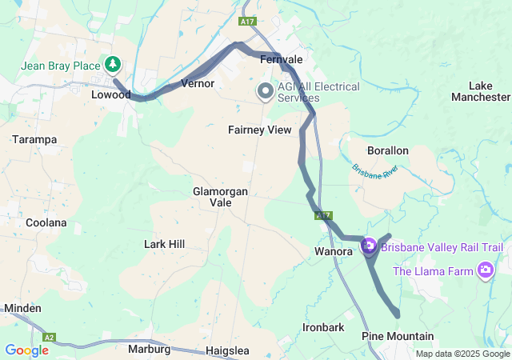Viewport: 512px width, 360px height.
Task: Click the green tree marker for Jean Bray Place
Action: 113,64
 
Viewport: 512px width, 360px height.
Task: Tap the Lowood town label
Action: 111,94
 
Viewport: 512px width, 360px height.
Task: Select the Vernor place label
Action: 198,83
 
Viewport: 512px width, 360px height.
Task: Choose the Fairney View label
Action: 259,130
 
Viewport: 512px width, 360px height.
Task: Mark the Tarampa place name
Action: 34,139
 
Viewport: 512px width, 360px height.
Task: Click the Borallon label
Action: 387,150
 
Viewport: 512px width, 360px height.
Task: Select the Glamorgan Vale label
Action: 220,197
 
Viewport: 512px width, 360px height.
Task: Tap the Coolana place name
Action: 46,222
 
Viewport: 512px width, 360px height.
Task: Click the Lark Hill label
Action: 165,243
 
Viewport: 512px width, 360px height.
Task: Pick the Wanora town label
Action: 332,251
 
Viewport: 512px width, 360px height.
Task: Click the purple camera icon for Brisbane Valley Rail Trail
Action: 369,246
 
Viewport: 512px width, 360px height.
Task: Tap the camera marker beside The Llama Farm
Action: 484,270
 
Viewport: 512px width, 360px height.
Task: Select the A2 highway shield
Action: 50,338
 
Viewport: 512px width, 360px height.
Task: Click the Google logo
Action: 26,350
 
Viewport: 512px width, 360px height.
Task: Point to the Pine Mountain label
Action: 398,336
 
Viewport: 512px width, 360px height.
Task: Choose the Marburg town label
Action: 149,350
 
